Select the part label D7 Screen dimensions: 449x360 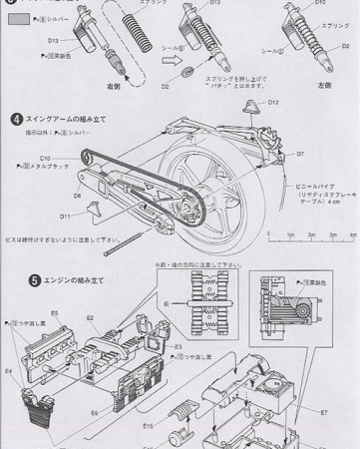[x=299, y=154]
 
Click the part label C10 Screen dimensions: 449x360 [x=46, y=158]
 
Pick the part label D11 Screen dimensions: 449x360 [x=65, y=215]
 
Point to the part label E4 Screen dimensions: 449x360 [x=8, y=370]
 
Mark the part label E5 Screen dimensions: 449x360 [x=56, y=313]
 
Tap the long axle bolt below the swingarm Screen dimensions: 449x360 [x=120, y=239]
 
